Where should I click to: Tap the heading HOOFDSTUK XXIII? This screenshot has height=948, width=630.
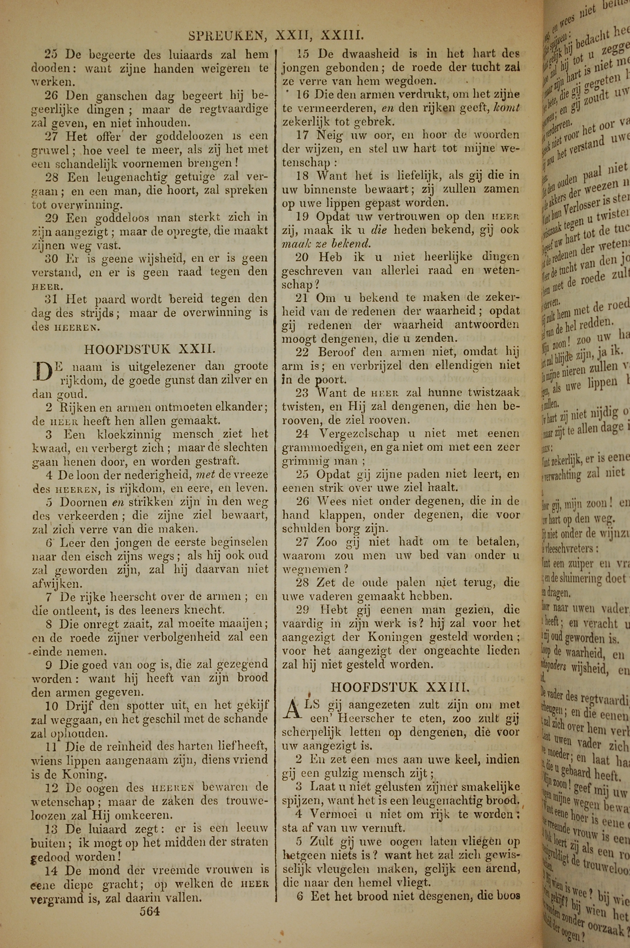pos(400,687)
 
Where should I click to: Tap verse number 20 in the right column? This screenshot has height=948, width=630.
pos(302,257)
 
